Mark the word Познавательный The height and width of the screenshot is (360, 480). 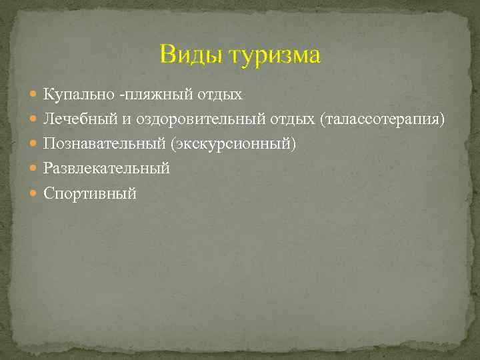pos(105,144)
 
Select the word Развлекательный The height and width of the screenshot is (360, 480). pos(107,169)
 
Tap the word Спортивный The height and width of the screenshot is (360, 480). pos(90,193)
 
